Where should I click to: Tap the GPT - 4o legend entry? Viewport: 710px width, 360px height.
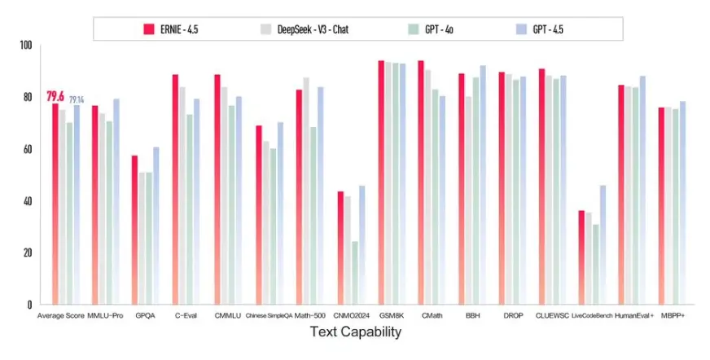(x=440, y=29)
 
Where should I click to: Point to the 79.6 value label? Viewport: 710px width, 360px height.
(x=55, y=96)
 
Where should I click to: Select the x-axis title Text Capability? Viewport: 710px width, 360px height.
(x=355, y=332)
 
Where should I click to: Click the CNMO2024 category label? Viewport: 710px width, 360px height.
(x=352, y=315)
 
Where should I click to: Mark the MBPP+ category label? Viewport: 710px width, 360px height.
(x=673, y=315)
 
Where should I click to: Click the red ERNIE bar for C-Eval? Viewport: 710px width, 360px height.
(x=175, y=187)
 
